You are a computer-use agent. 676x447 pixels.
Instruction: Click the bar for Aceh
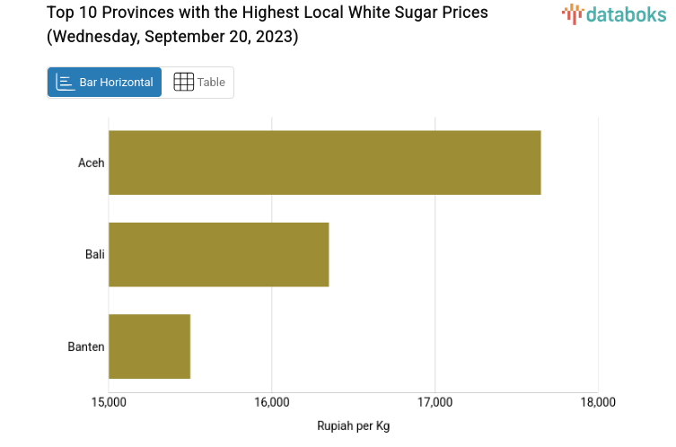(x=324, y=162)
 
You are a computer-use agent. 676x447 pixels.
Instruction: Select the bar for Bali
(x=218, y=254)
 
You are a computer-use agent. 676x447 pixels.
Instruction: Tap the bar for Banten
(x=149, y=346)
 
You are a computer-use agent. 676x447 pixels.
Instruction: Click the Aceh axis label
(x=92, y=162)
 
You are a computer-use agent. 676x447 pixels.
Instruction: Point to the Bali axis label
(x=95, y=254)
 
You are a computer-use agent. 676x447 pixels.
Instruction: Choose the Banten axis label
(x=86, y=346)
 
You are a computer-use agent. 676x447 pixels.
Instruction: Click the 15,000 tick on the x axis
(x=109, y=401)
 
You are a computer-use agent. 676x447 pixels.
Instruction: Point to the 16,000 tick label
(x=272, y=401)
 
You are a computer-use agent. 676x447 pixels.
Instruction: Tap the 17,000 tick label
(x=435, y=401)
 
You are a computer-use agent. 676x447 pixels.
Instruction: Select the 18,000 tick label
(x=598, y=401)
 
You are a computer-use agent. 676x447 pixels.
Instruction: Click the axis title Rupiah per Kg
(x=353, y=425)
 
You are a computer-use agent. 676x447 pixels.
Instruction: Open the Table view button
(x=198, y=82)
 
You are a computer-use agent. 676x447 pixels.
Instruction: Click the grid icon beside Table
(x=183, y=82)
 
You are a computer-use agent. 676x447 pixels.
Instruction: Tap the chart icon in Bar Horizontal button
(x=65, y=82)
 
